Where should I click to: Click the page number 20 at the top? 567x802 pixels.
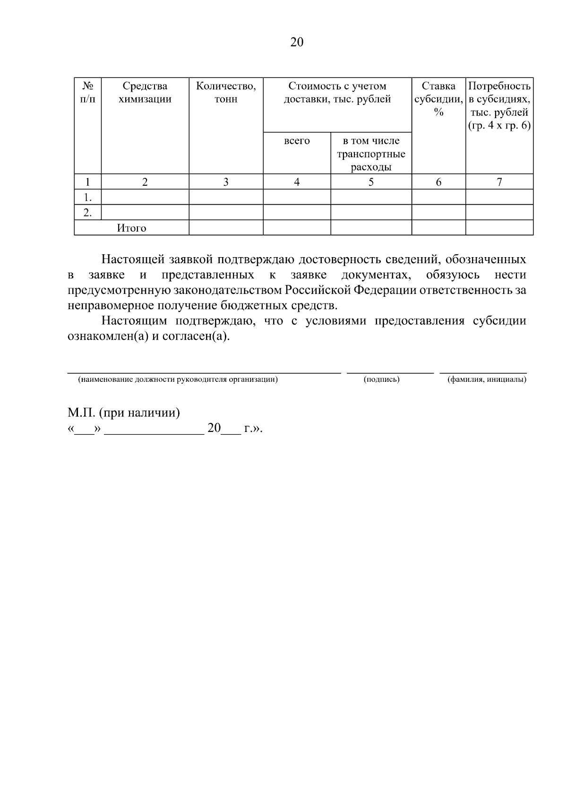pos(297,43)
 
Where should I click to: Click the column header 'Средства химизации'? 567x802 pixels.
pos(145,93)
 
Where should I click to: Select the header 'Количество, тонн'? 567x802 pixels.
pos(226,93)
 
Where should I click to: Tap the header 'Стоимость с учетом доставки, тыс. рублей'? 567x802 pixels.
pos(337,93)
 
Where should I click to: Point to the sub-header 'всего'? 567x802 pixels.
pos(297,141)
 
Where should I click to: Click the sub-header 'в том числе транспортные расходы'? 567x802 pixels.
pos(371,154)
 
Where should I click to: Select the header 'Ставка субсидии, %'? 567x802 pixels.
pos(438,99)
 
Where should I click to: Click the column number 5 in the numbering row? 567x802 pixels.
pos(371,182)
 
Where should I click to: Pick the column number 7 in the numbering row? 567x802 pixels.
pos(499,182)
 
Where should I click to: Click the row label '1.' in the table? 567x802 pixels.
pos(87,197)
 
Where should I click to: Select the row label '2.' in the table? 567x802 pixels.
pos(87,213)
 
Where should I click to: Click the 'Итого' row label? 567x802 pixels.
pos(131,228)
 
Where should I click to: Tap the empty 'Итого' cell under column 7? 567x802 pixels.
pos(499,228)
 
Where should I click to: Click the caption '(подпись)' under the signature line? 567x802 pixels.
pos(382,379)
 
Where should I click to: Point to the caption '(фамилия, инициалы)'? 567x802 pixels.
pos(487,379)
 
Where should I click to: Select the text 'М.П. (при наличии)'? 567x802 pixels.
pos(124,413)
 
